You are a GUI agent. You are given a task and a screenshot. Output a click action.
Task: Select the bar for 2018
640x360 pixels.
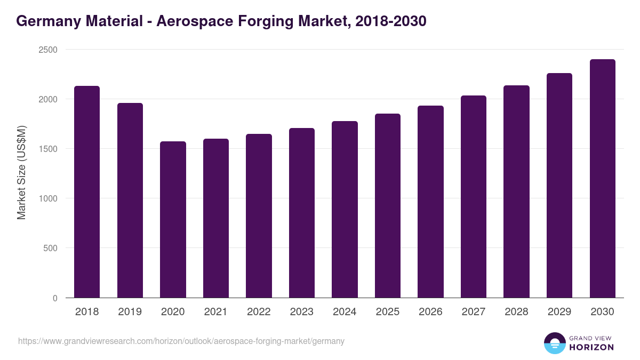click(x=87, y=192)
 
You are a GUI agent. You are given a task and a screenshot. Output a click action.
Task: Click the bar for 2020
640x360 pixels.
click(x=173, y=220)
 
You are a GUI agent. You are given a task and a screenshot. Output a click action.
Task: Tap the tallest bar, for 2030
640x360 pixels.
click(x=602, y=179)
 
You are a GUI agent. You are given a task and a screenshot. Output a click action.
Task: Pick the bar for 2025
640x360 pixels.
click(x=387, y=206)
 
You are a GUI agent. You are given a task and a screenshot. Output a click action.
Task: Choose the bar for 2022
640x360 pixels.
click(x=259, y=216)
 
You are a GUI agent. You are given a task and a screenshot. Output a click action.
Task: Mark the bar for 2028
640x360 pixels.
click(x=516, y=191)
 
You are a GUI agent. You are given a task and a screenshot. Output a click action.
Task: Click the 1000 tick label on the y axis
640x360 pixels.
click(x=47, y=198)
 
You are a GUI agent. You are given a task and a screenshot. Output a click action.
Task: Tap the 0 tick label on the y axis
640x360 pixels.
click(x=55, y=298)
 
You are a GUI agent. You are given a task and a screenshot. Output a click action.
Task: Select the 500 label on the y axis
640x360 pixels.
click(x=50, y=248)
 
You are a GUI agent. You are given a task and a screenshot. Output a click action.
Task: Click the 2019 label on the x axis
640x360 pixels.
click(x=130, y=312)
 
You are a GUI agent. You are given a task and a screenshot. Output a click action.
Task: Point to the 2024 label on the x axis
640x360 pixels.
click(x=345, y=312)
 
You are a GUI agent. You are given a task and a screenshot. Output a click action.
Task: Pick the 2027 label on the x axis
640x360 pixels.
click(x=474, y=312)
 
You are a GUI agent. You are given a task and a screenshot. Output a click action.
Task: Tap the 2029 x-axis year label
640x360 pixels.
click(x=559, y=312)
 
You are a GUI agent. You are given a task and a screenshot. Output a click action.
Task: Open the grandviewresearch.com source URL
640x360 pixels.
click(x=181, y=341)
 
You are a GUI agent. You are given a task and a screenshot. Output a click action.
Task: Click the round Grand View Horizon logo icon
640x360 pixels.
click(x=554, y=343)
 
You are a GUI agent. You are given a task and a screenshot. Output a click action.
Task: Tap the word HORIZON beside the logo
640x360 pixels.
click(x=591, y=347)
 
